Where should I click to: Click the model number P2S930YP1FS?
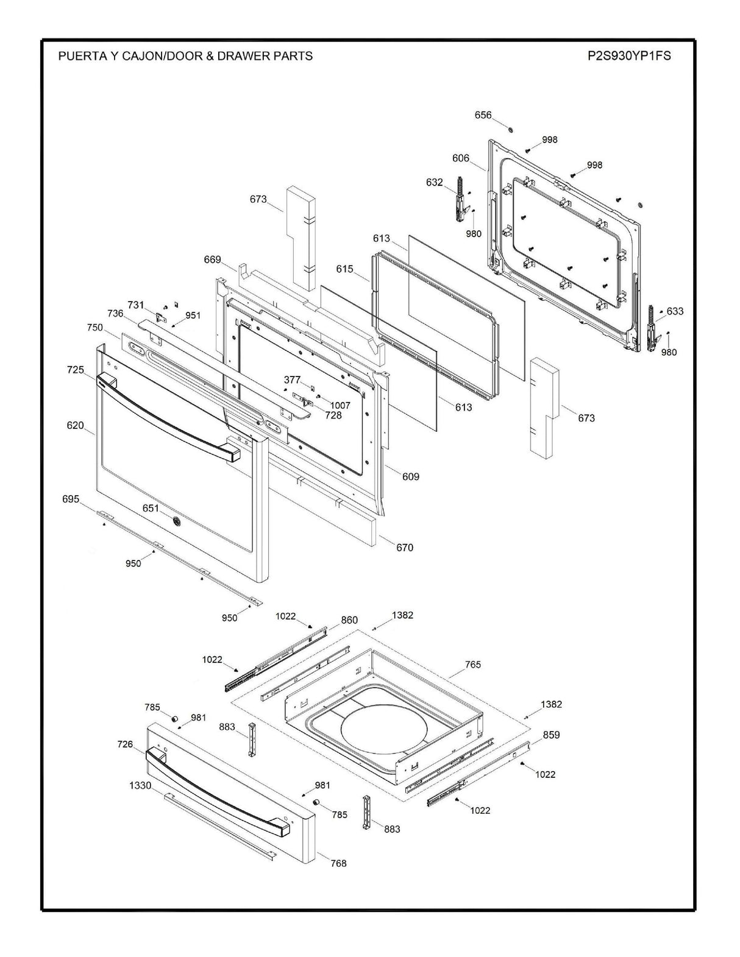629,56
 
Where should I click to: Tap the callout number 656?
483,115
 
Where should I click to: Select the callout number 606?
461,158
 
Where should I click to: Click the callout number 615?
344,269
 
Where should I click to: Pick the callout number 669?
212,260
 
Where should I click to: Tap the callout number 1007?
340,405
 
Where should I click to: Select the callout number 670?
405,548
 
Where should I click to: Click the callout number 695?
71,499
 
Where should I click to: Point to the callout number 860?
349,620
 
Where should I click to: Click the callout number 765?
473,664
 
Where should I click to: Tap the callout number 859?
551,735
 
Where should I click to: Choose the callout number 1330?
140,786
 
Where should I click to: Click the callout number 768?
338,863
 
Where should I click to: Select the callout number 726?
125,744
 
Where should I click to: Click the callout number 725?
76,370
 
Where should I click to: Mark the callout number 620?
76,426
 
